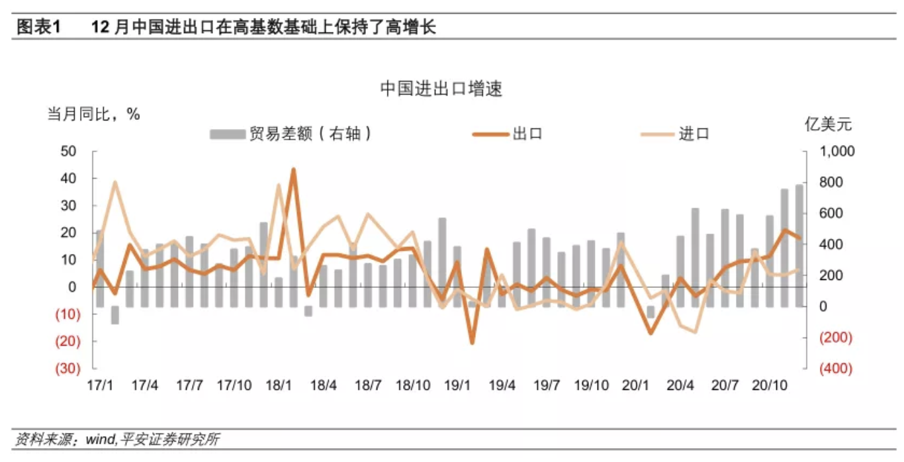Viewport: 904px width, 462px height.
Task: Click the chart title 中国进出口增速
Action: pyautogui.click(x=441, y=89)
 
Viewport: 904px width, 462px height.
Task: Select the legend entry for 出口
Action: pyautogui.click(x=527, y=134)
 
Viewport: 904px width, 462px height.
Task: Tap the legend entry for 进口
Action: pyautogui.click(x=694, y=134)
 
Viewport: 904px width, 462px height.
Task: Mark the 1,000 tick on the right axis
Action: pyautogui.click(x=837, y=152)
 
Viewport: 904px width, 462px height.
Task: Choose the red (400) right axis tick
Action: pyautogui.click(x=836, y=369)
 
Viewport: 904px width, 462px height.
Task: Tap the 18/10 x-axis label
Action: pyautogui.click(x=413, y=385)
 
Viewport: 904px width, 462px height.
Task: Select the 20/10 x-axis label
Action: pyautogui.click(x=771, y=385)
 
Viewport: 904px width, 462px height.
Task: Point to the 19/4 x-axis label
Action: pyautogui.click(x=502, y=385)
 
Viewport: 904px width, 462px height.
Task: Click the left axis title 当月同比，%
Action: pyautogui.click(x=93, y=114)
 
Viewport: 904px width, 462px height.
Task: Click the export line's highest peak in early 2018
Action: pyautogui.click(x=293, y=169)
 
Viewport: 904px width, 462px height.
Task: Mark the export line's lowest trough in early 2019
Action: pyautogui.click(x=472, y=342)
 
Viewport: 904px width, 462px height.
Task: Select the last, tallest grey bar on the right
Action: pyautogui.click(x=799, y=245)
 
